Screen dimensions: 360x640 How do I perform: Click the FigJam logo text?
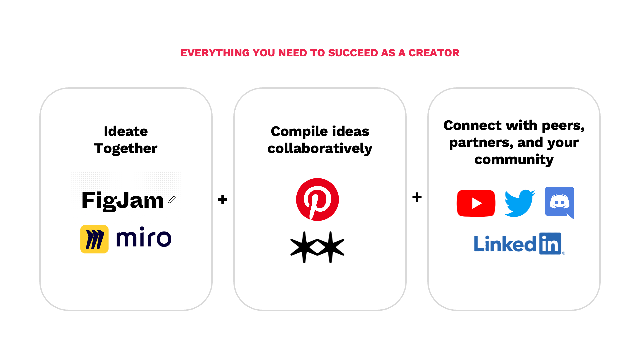click(x=123, y=200)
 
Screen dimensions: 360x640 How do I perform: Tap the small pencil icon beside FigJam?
click(x=172, y=200)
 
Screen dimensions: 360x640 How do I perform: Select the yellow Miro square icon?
click(x=94, y=239)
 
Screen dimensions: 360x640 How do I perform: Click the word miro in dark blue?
click(x=144, y=237)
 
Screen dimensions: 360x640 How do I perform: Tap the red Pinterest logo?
click(x=317, y=199)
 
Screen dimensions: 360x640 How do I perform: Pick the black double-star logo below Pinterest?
click(x=317, y=247)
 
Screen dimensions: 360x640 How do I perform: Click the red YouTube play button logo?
click(x=476, y=203)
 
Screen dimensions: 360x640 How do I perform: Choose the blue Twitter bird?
click(x=519, y=203)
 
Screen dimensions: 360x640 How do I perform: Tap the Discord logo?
click(x=559, y=202)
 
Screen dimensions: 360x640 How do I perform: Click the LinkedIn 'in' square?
click(x=550, y=244)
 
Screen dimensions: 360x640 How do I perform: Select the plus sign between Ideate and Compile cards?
click(x=223, y=200)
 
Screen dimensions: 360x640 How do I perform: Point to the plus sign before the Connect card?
click(x=417, y=197)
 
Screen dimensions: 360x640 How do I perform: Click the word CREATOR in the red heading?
click(x=434, y=53)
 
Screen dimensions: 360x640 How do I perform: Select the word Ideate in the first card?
click(x=126, y=131)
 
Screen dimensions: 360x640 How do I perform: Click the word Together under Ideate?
click(x=126, y=148)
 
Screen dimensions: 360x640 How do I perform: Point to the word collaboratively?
click(x=320, y=148)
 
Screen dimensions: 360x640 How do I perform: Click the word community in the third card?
click(x=514, y=159)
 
